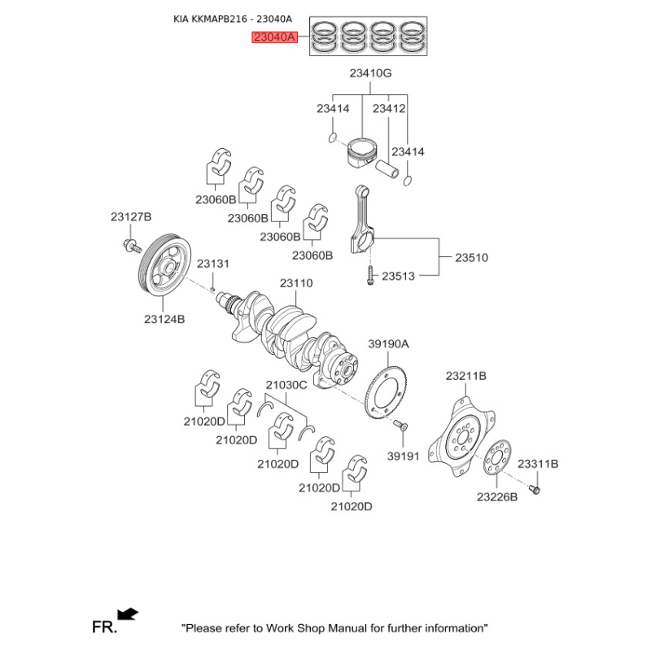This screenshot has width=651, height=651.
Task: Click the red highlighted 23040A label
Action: (x=274, y=37)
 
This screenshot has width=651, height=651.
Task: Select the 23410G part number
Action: (x=370, y=73)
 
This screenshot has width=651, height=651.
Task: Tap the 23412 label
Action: (x=389, y=108)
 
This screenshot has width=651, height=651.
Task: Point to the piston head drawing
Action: (x=362, y=152)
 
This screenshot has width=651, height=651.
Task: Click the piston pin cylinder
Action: (x=387, y=169)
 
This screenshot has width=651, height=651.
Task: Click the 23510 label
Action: (x=471, y=257)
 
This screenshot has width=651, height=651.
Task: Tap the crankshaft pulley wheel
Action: (x=164, y=266)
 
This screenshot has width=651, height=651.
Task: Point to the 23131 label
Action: (x=212, y=264)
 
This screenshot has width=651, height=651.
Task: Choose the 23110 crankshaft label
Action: (x=296, y=283)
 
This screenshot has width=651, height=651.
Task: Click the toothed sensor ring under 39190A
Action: (x=385, y=393)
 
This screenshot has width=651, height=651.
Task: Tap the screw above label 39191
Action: (x=400, y=425)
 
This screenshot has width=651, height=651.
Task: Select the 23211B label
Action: (x=465, y=376)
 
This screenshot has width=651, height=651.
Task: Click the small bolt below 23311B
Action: (x=535, y=490)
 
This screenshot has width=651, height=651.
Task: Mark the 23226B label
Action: (x=497, y=496)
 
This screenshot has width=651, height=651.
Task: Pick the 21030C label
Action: (x=286, y=385)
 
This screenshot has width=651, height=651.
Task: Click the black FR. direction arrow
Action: (x=128, y=614)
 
